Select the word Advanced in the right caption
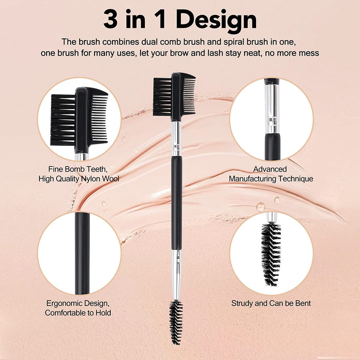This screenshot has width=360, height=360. point(270,169)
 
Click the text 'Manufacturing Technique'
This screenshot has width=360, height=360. point(271,178)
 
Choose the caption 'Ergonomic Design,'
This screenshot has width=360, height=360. point(78,303)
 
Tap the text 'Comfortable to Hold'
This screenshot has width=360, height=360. point(78,312)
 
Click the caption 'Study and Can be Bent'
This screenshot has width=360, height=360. point(271,303)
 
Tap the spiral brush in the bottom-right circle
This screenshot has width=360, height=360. point(270,252)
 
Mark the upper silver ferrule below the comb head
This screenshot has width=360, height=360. point(175,137)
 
